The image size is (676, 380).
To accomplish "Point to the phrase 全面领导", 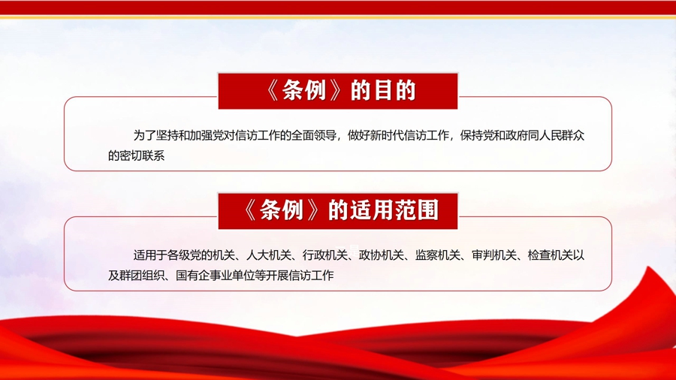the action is point(314,135).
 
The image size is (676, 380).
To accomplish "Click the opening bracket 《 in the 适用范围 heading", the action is point(249,210).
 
